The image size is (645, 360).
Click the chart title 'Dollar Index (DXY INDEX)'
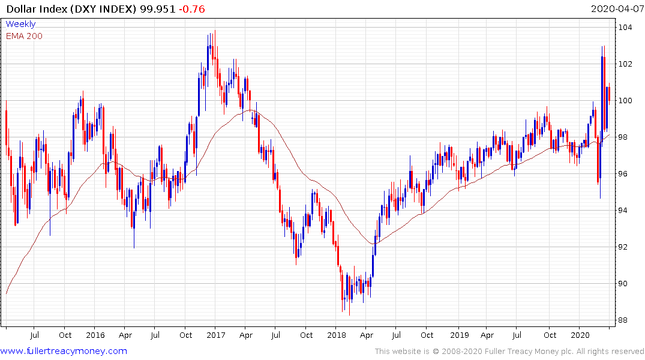point(68,9)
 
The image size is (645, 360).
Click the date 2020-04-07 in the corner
point(616,9)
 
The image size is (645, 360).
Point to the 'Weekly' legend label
point(20,25)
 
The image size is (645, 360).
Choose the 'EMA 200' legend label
point(24,36)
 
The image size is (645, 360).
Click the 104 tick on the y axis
point(626,28)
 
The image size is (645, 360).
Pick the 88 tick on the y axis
point(624,320)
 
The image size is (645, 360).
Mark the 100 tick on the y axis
point(626,101)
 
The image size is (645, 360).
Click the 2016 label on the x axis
point(95,335)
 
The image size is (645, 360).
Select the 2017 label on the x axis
point(215,335)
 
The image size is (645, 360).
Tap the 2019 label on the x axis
point(459,335)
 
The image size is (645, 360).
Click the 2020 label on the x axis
point(580,335)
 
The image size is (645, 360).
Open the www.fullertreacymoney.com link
point(64,351)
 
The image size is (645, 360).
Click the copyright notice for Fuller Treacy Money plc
point(509,352)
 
